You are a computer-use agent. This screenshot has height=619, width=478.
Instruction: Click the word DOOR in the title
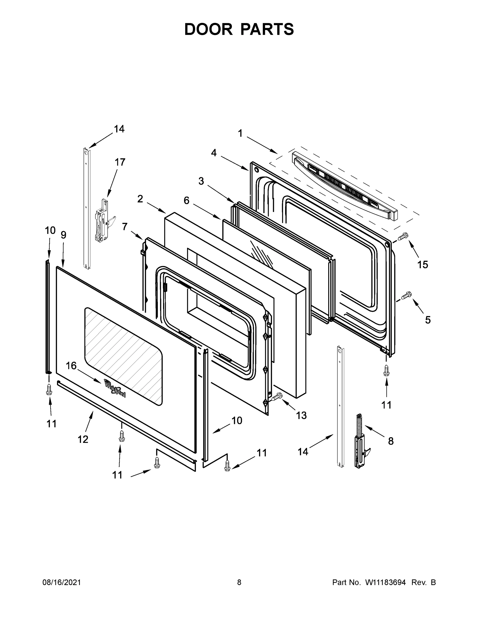[208, 29]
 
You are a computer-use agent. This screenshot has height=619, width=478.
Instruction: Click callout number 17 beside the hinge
[120, 162]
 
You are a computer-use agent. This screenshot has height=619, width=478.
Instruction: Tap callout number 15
[423, 265]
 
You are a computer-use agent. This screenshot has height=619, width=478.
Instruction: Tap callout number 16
[71, 366]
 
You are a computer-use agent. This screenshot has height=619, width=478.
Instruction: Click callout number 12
[83, 439]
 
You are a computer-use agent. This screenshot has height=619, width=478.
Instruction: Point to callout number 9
[63, 235]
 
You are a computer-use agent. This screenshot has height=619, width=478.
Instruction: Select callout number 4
[214, 153]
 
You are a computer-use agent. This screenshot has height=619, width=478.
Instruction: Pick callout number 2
[140, 199]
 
